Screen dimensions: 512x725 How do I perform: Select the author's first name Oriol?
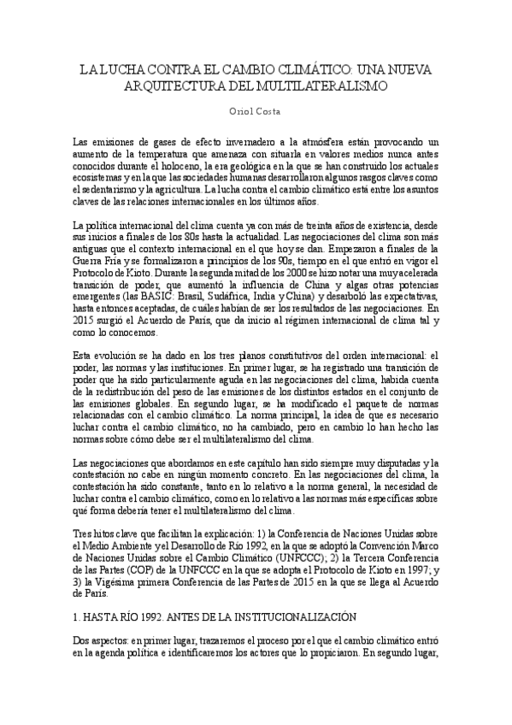(x=243, y=112)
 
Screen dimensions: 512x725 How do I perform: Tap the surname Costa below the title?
(x=272, y=112)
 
